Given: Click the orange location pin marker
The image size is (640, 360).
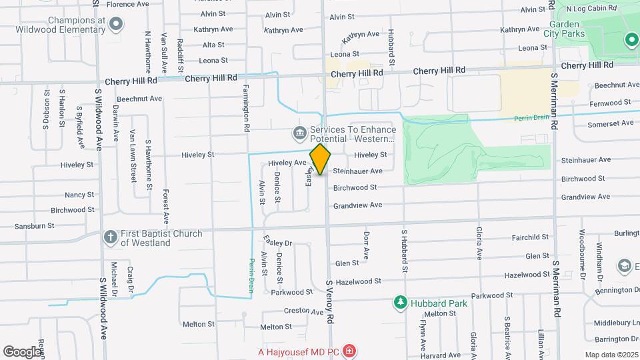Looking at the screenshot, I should (320, 159).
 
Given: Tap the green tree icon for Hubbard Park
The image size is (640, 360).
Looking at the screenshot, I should (400, 303).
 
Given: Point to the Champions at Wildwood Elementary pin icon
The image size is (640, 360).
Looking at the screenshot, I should (117, 25).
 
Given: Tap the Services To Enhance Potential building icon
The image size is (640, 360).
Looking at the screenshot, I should (300, 134).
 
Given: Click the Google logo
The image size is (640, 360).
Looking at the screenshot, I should (22, 351).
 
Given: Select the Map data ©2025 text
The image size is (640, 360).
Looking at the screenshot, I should (611, 355).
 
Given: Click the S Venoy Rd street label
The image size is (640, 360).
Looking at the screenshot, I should (329, 301).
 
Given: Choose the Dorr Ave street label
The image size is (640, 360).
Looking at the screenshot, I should (366, 245).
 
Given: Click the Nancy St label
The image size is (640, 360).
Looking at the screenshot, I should (79, 195).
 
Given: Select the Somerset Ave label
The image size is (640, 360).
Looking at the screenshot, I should (610, 123).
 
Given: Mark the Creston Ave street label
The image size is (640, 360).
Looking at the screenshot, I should (303, 311).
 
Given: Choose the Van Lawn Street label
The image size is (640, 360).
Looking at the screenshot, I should (133, 155).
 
